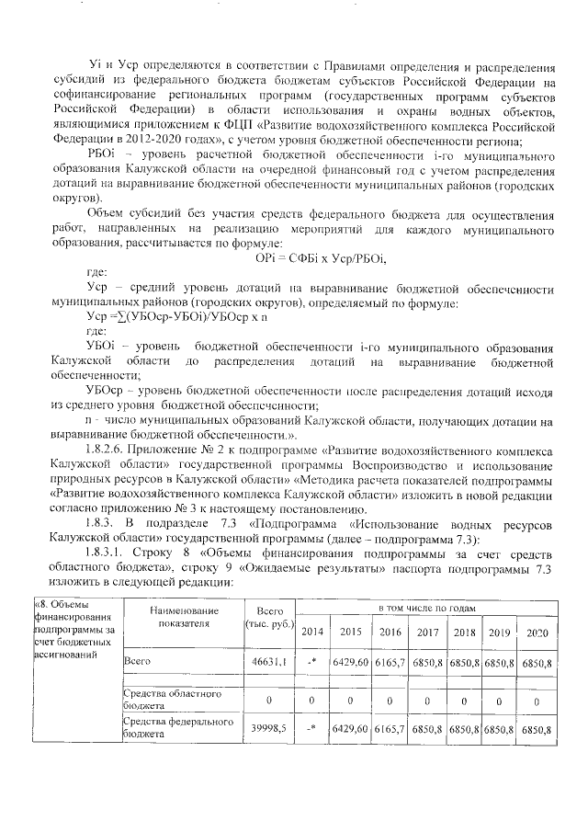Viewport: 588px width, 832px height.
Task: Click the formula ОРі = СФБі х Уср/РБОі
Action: [315, 259]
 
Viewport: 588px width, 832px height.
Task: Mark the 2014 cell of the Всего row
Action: [312, 661]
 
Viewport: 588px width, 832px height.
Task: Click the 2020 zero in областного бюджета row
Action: [536, 701]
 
